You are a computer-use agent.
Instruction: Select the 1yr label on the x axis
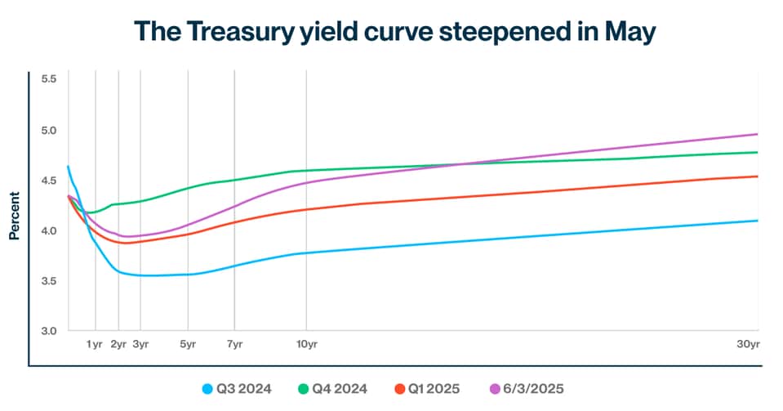[95, 345]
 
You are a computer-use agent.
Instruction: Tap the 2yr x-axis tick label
[118, 345]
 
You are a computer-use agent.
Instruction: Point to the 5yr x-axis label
[188, 345]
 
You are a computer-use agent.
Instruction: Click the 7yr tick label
[234, 345]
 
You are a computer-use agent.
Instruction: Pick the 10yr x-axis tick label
[306, 345]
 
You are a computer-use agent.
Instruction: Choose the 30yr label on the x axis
[748, 345]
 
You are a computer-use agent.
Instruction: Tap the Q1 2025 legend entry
[429, 388]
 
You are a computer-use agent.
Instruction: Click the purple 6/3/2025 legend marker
[492, 388]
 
